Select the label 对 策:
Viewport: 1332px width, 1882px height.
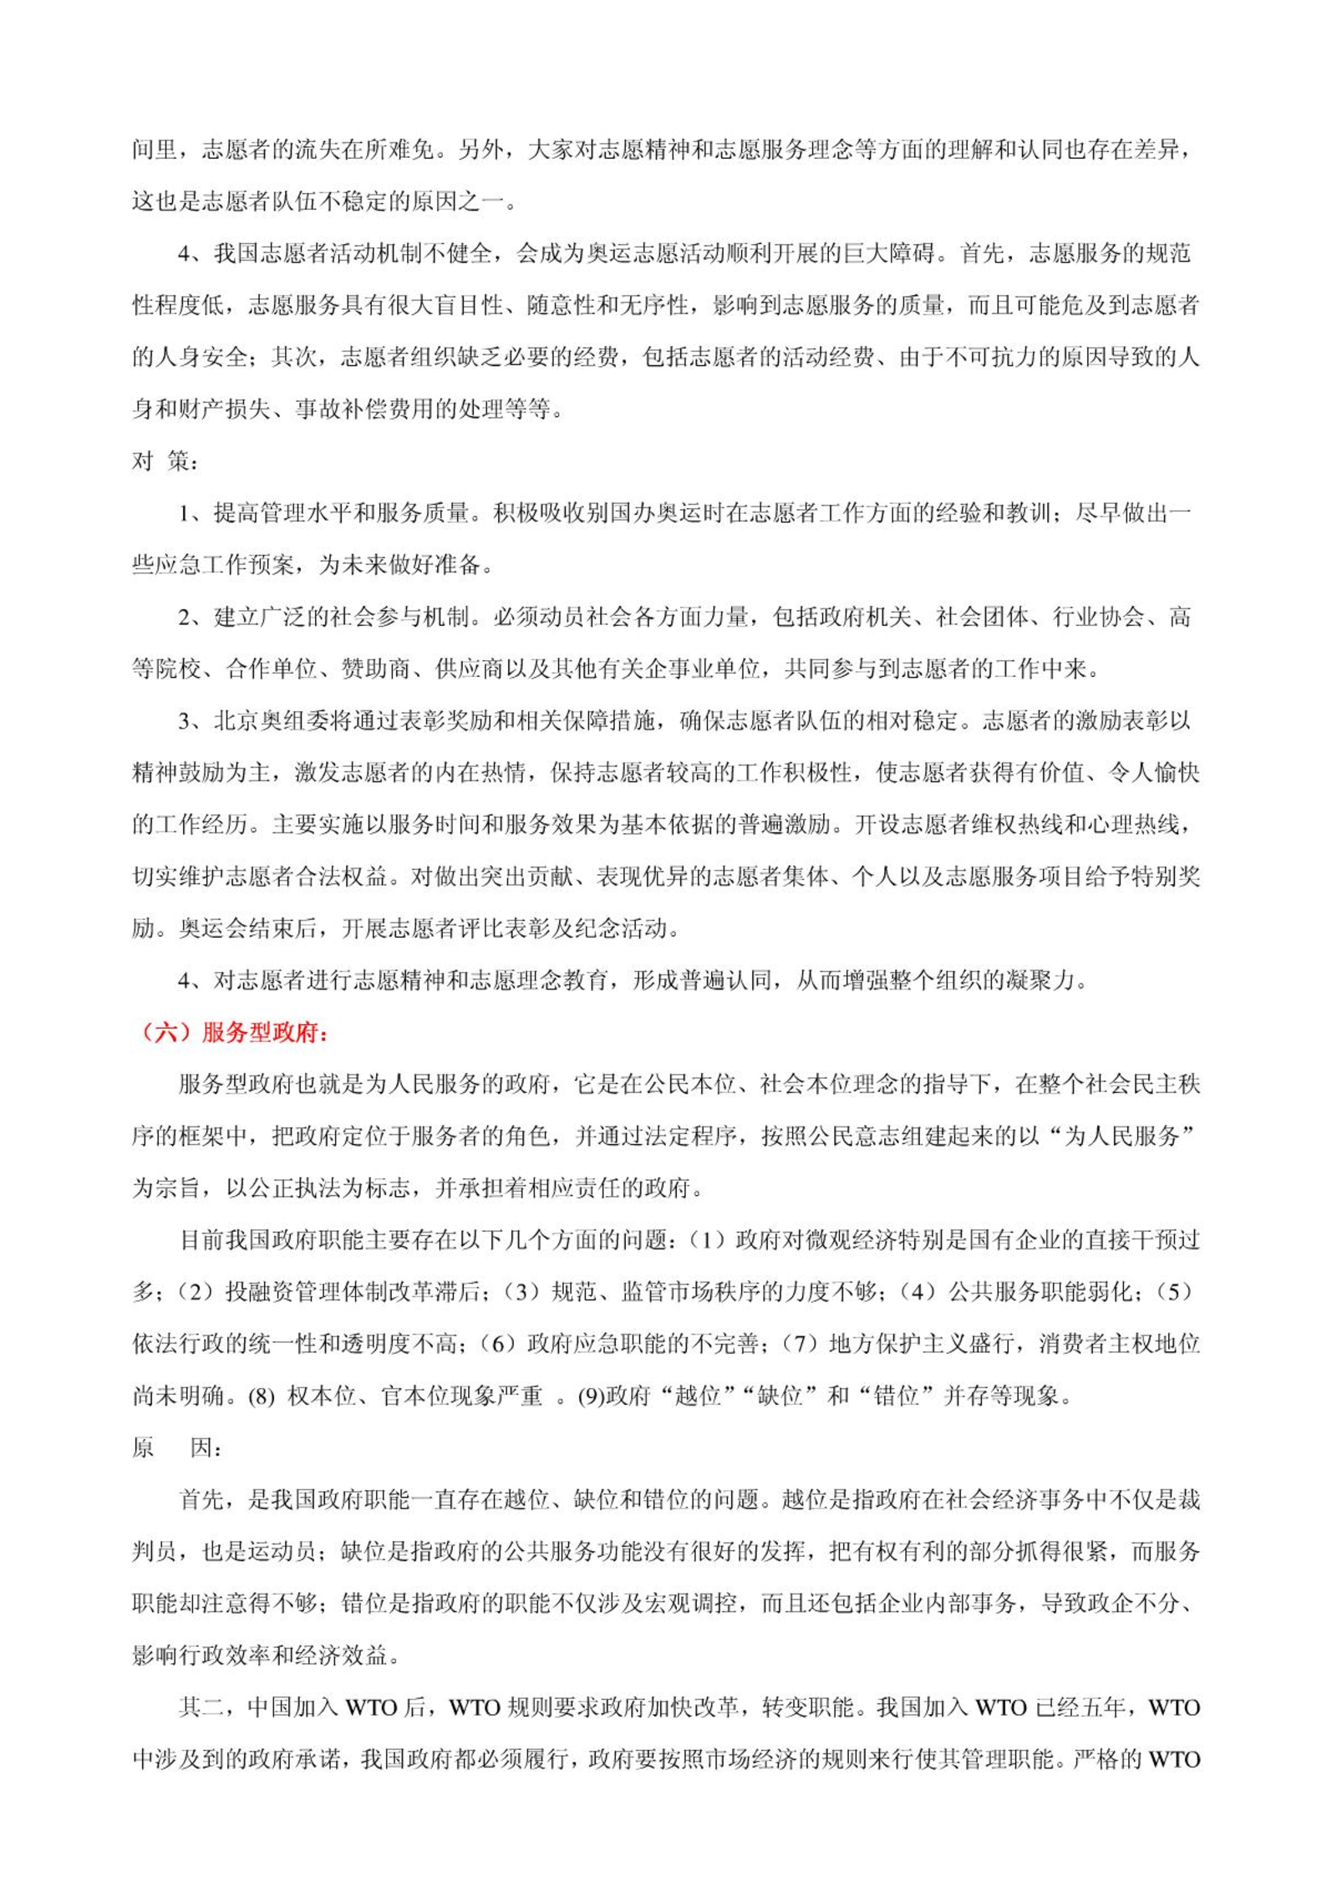pyautogui.click(x=165, y=460)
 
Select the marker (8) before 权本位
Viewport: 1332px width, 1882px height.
pyautogui.click(x=261, y=1396)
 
